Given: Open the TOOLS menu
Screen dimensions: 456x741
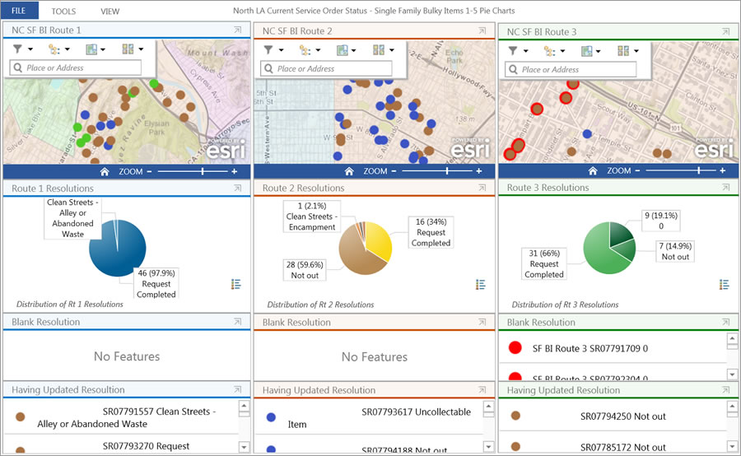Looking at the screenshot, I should tap(63, 12).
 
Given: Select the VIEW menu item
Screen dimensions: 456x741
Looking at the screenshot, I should tap(110, 12).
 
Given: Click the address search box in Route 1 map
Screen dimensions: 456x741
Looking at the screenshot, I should tap(76, 68).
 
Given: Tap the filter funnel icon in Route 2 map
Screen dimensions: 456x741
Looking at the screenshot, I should tap(268, 49).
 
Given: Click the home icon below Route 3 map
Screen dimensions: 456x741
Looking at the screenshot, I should tap(599, 171).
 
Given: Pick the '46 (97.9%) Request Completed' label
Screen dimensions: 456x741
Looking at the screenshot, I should tap(156, 283).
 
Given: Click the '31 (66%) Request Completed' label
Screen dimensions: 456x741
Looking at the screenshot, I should tap(544, 263).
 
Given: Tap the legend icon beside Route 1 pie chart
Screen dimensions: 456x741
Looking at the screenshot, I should tap(236, 284).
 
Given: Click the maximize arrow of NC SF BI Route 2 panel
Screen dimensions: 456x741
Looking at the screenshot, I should tap(482, 30).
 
